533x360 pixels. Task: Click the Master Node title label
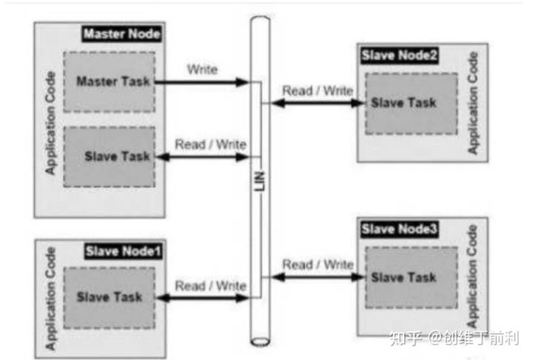click(x=121, y=33)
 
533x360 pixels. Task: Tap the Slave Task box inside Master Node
click(x=110, y=156)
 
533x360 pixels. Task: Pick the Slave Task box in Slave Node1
click(x=110, y=297)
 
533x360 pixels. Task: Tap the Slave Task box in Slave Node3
click(x=403, y=277)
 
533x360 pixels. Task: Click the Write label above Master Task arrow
click(x=203, y=70)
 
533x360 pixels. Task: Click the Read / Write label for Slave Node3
click(x=318, y=264)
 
